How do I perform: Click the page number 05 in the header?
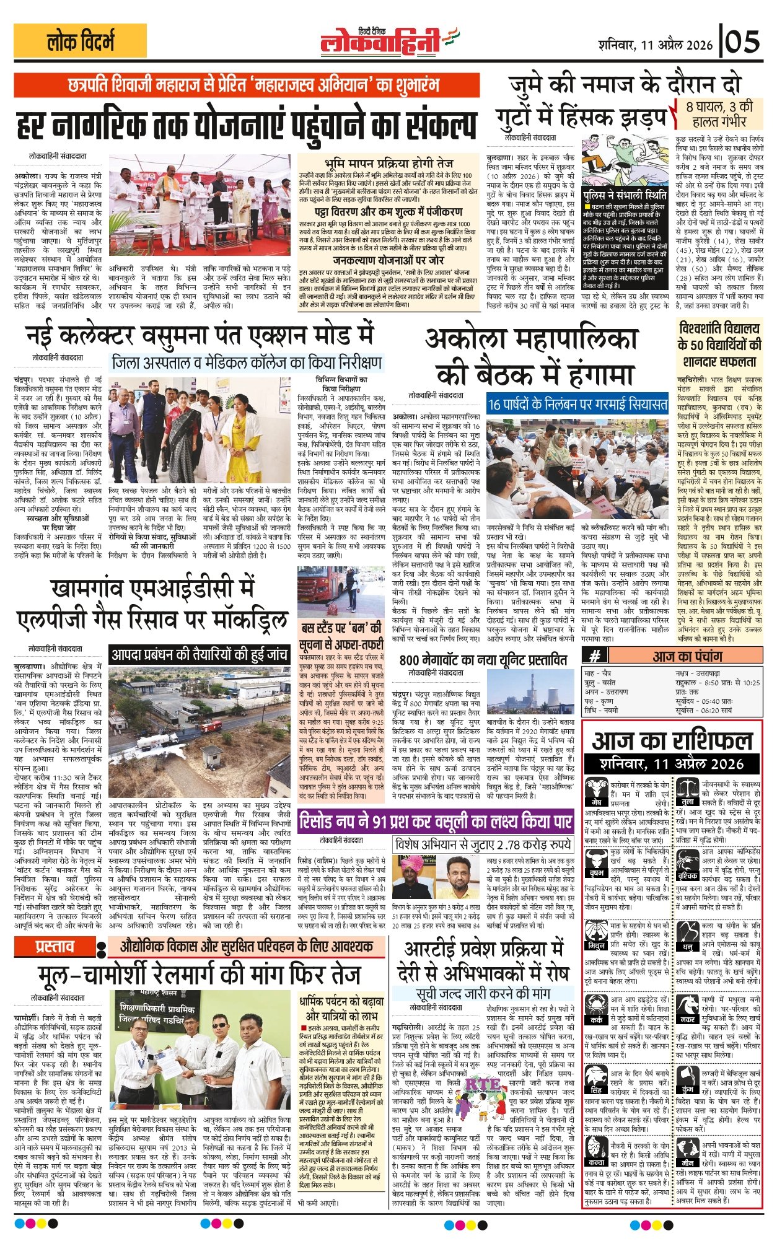pyautogui.click(x=743, y=43)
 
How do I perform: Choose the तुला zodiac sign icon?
pyautogui.click(x=687, y=789)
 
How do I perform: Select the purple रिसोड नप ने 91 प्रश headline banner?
pyautogui.click(x=436, y=822)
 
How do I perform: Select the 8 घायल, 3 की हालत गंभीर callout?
pyautogui.click(x=719, y=113)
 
